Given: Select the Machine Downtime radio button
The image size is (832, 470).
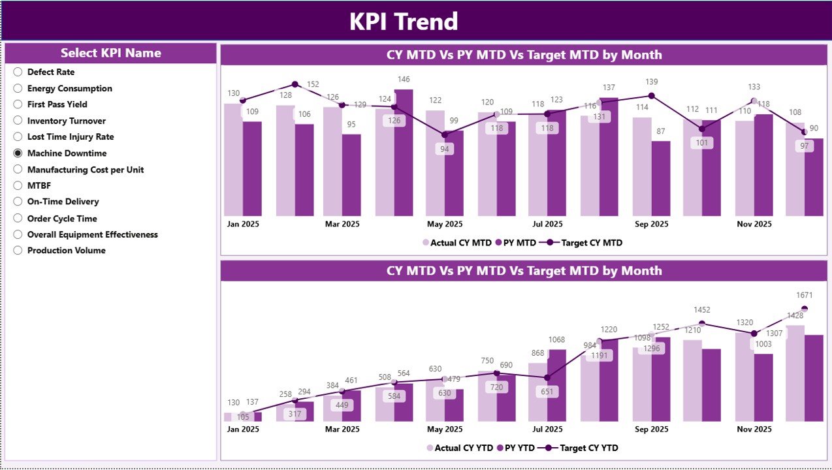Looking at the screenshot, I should click(18, 153).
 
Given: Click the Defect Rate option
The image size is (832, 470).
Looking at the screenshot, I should click(50, 72).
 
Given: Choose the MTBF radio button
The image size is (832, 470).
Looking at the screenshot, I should click(18, 186).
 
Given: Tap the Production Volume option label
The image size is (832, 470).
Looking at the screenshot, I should click(66, 251).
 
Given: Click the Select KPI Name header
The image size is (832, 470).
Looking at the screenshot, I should click(110, 54).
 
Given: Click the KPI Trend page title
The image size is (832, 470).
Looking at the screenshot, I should click(404, 22).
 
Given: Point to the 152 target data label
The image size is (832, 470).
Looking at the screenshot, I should click(313, 84).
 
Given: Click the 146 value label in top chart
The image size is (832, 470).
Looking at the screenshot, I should click(404, 80).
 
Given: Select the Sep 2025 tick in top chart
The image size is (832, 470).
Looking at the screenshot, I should click(650, 224).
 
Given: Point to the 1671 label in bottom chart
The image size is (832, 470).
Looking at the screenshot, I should click(805, 296).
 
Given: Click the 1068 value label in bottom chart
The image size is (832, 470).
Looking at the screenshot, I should click(556, 339).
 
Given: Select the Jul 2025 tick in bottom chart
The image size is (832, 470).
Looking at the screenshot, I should click(547, 430).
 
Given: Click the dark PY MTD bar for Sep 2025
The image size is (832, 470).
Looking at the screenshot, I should click(661, 178).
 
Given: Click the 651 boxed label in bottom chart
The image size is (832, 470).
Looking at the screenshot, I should click(547, 392).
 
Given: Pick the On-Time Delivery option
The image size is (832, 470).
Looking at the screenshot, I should click(63, 202).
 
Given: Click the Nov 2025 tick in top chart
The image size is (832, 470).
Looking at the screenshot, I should click(754, 224).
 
